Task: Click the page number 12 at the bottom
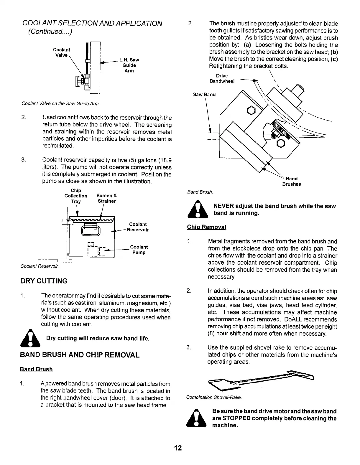point(178,448)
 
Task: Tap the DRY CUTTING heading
point(44,281)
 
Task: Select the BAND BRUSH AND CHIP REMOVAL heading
point(80,355)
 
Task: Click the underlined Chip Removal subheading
point(206,227)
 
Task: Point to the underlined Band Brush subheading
point(36,369)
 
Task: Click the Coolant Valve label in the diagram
point(61,52)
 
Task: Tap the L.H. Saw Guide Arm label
point(129,65)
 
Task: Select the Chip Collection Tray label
point(76,196)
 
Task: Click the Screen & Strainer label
point(107,198)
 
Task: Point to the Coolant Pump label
point(139,250)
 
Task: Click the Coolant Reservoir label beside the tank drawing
point(138,227)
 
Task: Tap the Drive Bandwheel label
point(222,78)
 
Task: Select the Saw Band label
point(204,95)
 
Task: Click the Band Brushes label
point(292,181)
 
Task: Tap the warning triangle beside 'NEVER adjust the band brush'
point(198,209)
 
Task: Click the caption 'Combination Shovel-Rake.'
point(214,398)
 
